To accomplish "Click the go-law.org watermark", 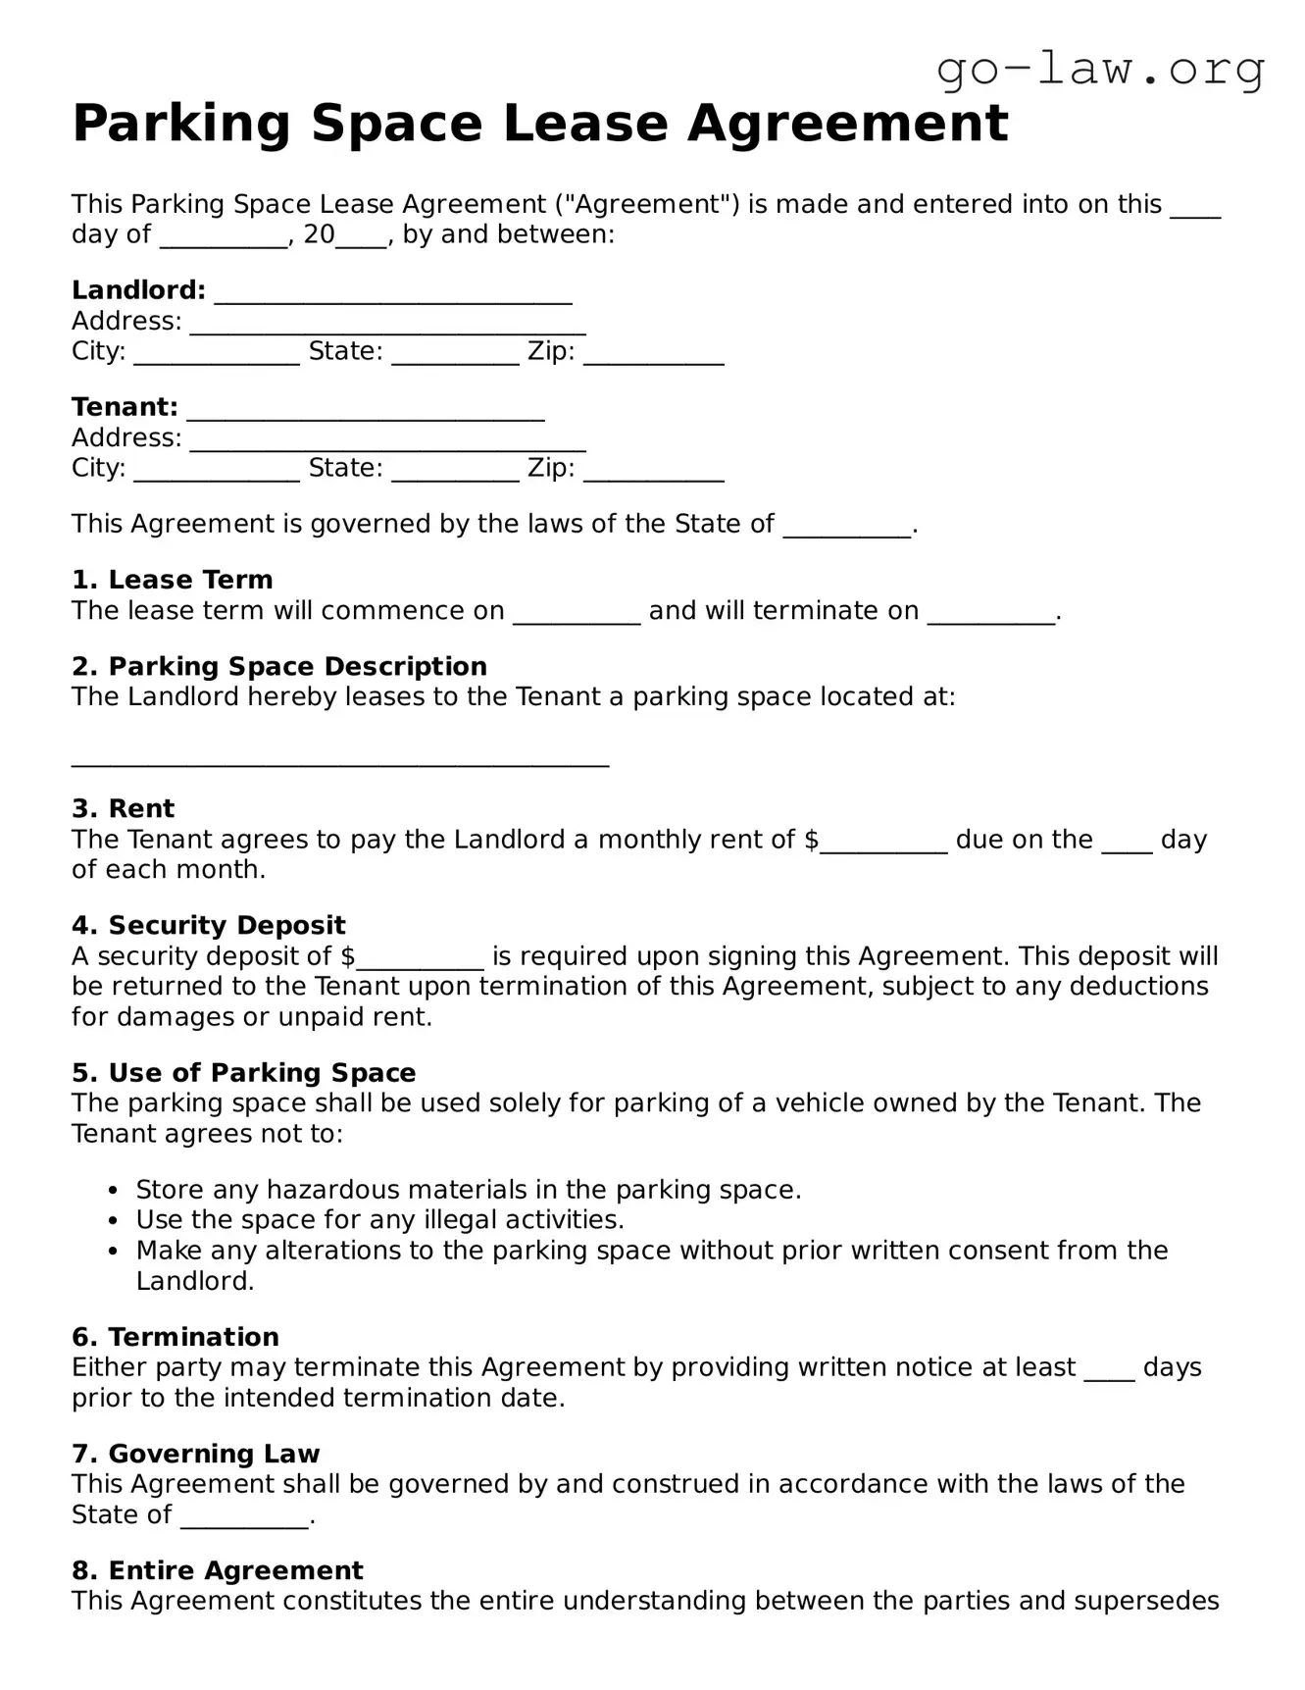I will (x=1100, y=71).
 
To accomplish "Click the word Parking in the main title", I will (x=181, y=124).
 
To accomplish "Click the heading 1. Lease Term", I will (x=172, y=580).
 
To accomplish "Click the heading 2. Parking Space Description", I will (x=278, y=666).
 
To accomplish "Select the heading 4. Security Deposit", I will (x=208, y=925).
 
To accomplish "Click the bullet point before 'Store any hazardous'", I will (x=114, y=1191).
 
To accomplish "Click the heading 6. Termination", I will (x=175, y=1337).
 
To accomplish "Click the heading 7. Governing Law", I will (x=195, y=1454).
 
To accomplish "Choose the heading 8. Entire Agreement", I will (x=217, y=1570).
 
